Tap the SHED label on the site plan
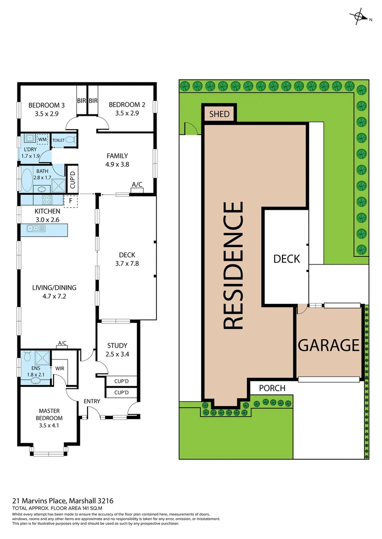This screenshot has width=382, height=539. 219,114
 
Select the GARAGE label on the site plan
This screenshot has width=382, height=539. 328,345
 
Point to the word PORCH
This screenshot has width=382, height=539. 272,388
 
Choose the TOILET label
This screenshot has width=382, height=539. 58,140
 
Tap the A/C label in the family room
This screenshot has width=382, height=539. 137,185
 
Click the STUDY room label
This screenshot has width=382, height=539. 117,345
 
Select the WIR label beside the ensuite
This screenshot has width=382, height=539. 59,368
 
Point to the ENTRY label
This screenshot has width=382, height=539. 92,401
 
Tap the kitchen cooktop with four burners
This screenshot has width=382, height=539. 46,200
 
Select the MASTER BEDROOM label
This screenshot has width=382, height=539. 50,415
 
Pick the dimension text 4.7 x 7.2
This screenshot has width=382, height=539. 54,296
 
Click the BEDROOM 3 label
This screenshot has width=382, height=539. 46,105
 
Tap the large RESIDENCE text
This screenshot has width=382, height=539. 232,265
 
